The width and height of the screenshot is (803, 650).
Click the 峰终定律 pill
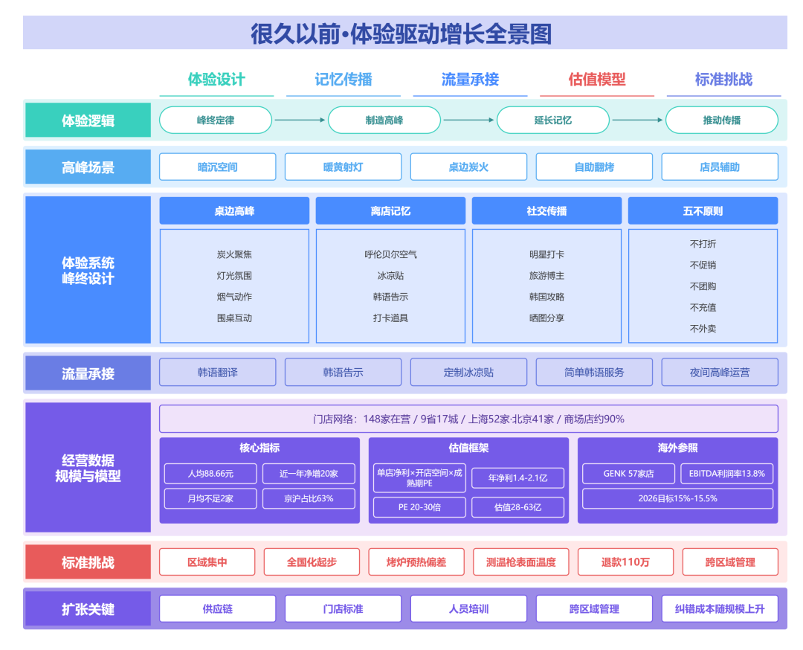(x=216, y=120)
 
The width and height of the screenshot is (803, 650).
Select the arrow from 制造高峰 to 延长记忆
(x=468, y=120)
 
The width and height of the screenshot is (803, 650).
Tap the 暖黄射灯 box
(x=343, y=167)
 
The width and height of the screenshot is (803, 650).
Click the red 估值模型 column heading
(x=597, y=80)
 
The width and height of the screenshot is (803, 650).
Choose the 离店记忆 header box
(x=391, y=210)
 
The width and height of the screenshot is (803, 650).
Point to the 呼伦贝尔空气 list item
(x=391, y=254)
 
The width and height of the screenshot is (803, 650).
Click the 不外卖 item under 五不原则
(x=703, y=329)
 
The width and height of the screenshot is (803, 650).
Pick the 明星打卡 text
(x=547, y=254)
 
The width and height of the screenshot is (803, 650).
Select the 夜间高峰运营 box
(x=720, y=373)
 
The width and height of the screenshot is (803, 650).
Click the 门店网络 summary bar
(x=468, y=419)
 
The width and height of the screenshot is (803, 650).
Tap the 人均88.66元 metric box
(x=210, y=474)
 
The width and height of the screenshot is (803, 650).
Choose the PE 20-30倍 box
(x=419, y=507)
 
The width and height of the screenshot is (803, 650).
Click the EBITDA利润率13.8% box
(x=726, y=474)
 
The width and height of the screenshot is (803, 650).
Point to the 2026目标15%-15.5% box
(x=677, y=498)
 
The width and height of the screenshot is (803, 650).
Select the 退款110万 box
(x=626, y=562)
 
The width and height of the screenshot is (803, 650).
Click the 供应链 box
(x=218, y=608)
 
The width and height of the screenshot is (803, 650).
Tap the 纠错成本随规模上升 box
(x=720, y=608)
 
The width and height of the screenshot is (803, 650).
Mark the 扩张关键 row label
(x=88, y=608)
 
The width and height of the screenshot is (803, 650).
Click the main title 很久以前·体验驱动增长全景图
(x=401, y=33)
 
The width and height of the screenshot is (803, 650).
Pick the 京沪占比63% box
(x=309, y=498)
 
